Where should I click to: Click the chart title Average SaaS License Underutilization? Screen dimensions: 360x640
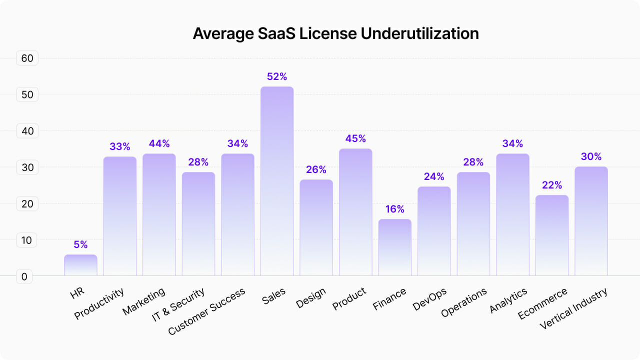335,33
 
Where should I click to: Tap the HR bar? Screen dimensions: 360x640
80,265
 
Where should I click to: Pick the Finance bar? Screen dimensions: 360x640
394,247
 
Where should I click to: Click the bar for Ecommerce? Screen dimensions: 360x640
552,235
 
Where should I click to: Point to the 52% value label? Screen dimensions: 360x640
277,76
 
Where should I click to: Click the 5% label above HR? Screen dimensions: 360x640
80,244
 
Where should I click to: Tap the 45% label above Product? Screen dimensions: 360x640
355,138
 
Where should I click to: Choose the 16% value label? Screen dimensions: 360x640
394,209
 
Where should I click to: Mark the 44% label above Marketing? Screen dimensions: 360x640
159,143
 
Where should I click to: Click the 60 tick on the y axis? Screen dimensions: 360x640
27,58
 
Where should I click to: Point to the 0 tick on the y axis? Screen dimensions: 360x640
24,276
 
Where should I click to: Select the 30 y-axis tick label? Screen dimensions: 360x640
27,167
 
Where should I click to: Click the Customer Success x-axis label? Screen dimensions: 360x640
207,311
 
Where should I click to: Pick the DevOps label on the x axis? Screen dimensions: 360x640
430,299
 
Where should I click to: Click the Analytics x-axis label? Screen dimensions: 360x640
508,300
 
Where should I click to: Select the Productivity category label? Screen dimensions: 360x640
99,303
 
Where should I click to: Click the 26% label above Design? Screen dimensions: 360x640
316,169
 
